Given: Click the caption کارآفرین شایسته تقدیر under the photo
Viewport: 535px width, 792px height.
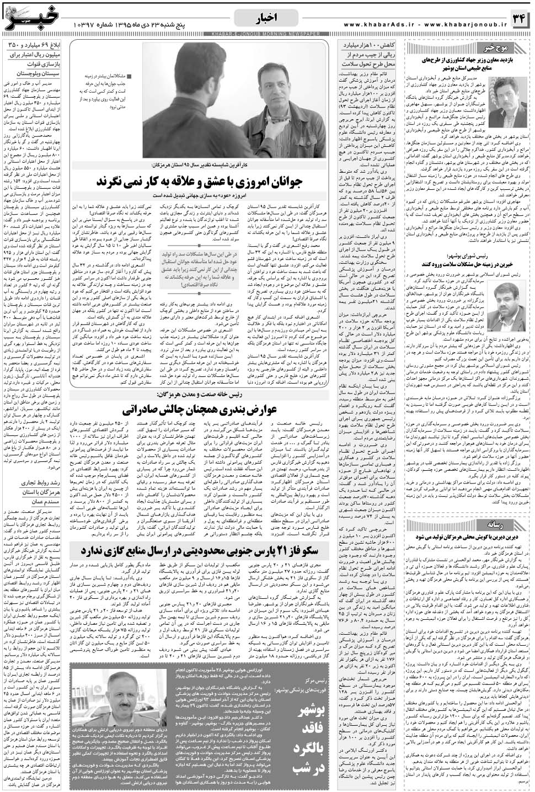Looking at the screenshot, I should (x=209, y=165).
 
